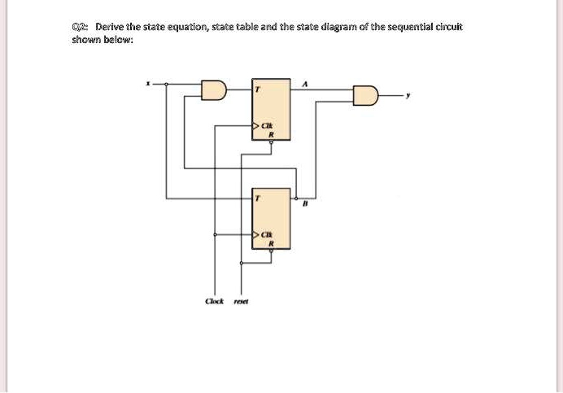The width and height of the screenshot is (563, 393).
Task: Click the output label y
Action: tap(408, 95)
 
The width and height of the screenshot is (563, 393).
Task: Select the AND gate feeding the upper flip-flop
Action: tap(213, 90)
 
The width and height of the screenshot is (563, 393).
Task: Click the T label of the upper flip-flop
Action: tap(255, 89)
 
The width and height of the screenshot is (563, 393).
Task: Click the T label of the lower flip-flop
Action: tap(255, 198)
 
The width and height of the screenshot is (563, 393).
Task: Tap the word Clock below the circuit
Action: tap(215, 300)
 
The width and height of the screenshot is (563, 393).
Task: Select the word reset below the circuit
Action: tap(241, 300)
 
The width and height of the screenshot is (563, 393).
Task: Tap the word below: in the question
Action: tap(117, 39)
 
